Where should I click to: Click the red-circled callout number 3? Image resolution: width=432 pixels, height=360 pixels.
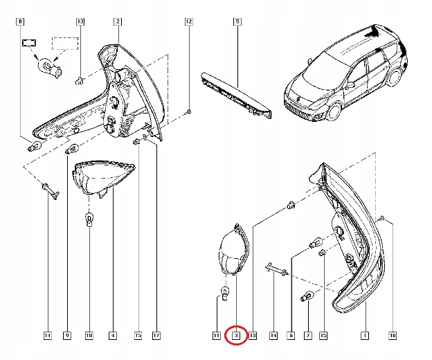pyautogui.click(x=236, y=336)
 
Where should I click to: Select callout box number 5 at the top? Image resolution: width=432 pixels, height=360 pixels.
pyautogui.click(x=237, y=22)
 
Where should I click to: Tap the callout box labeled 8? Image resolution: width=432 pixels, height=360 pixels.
pyautogui.click(x=19, y=22)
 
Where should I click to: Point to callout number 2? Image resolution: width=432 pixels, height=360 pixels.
pyautogui.click(x=118, y=22)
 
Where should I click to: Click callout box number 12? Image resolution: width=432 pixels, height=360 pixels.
pyautogui.click(x=188, y=22)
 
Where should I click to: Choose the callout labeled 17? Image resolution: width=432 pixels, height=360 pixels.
pyautogui.click(x=156, y=336)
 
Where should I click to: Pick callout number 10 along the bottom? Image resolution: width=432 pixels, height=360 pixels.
pyautogui.click(x=89, y=336)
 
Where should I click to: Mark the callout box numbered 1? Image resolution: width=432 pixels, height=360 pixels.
pyautogui.click(x=364, y=336)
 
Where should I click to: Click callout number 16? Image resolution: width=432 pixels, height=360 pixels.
pyautogui.click(x=393, y=336)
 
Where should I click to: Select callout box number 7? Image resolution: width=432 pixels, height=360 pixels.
pyautogui.click(x=308, y=336)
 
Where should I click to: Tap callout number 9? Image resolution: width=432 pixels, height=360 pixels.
pyautogui.click(x=67, y=336)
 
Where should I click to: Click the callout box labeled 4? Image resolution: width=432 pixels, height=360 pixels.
pyautogui.click(x=113, y=336)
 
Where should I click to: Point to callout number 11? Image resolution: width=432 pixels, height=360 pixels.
pyautogui.click(x=216, y=336)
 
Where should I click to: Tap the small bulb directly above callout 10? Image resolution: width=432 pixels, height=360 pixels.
pyautogui.click(x=89, y=220)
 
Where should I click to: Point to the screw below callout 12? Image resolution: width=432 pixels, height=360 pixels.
pyautogui.click(x=189, y=111)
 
